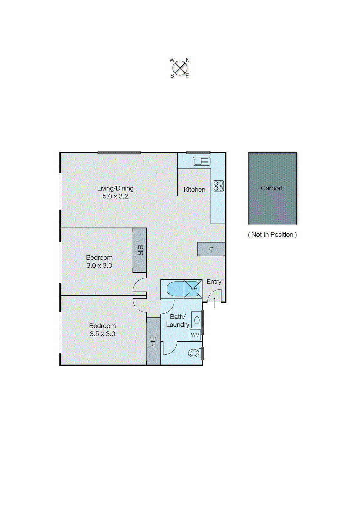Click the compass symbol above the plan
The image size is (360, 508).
pyautogui.click(x=180, y=68)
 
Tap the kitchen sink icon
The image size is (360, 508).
pyautogui.click(x=201, y=161)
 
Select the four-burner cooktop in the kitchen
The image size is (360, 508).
pyautogui.click(x=218, y=186)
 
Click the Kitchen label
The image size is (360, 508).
pyautogui.click(x=194, y=190)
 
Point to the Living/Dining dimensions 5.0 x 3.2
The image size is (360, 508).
pyautogui.click(x=115, y=196)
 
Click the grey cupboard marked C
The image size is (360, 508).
pyautogui.click(x=211, y=249)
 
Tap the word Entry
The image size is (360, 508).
pyautogui.click(x=214, y=282)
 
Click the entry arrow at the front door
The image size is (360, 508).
pyautogui.click(x=214, y=303)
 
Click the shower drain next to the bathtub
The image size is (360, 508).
pyautogui.click(x=193, y=289)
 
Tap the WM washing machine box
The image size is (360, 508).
pyautogui.click(x=195, y=335)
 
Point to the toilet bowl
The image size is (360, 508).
pyautogui.click(x=194, y=353)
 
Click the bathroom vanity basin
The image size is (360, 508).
pyautogui.click(x=197, y=320)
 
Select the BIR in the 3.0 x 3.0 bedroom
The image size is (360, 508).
pyautogui.click(x=140, y=250)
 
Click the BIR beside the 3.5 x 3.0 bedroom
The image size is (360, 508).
pyautogui.click(x=153, y=341)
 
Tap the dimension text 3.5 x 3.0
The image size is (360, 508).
pyautogui.click(x=102, y=334)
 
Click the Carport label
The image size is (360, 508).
pyautogui.click(x=272, y=188)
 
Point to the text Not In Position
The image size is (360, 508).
pyautogui.click(x=272, y=235)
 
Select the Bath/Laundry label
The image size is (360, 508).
pyautogui.click(x=177, y=321)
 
